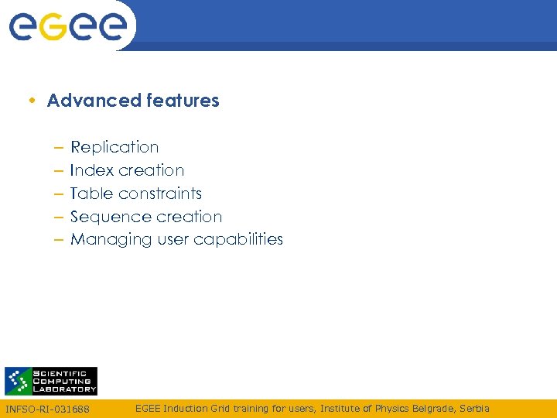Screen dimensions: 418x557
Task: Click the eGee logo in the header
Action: point(67,26)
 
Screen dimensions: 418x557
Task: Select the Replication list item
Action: point(114,147)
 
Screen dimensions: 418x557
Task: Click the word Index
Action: point(91,170)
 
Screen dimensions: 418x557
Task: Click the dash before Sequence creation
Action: point(59,218)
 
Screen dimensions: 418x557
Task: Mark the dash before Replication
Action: point(59,148)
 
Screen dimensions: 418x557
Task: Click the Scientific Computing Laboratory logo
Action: point(51,381)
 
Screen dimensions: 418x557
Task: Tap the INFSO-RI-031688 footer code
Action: point(48,409)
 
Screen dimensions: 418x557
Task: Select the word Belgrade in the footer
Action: point(433,408)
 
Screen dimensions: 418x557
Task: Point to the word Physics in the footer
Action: point(390,408)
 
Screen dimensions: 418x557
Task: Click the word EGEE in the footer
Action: point(148,408)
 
